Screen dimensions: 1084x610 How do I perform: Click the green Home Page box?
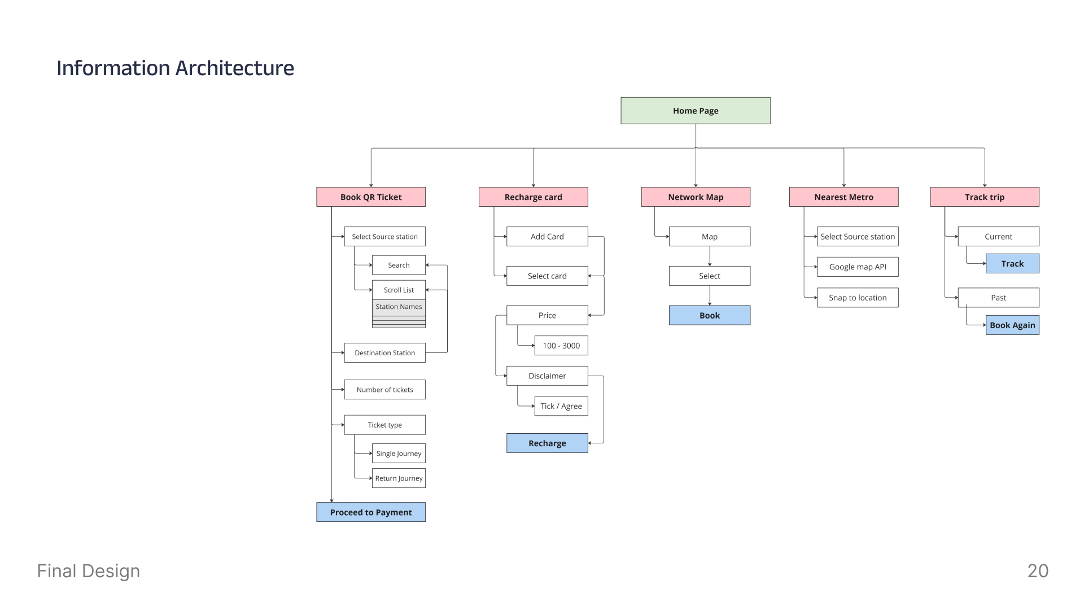[696, 111]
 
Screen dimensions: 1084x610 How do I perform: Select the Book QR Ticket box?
[371, 197]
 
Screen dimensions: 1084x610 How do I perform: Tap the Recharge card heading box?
[534, 197]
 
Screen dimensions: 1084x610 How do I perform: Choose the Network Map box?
[696, 197]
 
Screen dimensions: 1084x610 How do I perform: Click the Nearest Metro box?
[844, 197]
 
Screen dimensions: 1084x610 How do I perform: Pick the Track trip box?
[985, 197]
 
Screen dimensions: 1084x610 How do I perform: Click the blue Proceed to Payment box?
[371, 512]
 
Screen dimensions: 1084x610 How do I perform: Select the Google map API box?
[858, 267]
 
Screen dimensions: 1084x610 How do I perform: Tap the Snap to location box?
[858, 298]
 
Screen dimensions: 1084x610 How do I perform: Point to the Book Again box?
[1012, 325]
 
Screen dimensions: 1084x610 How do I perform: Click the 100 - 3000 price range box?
[561, 346]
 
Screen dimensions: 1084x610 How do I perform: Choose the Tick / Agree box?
[561, 406]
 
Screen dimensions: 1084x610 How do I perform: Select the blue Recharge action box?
[547, 443]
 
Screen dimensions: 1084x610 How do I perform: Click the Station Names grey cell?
[399, 307]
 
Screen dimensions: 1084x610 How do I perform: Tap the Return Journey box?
[399, 478]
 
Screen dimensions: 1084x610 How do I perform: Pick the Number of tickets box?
[385, 390]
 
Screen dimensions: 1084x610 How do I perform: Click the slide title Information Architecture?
[175, 68]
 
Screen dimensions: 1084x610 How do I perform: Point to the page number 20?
[1038, 571]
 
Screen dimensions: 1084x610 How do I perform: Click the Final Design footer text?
[89, 571]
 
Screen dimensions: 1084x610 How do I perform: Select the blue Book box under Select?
[710, 315]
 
